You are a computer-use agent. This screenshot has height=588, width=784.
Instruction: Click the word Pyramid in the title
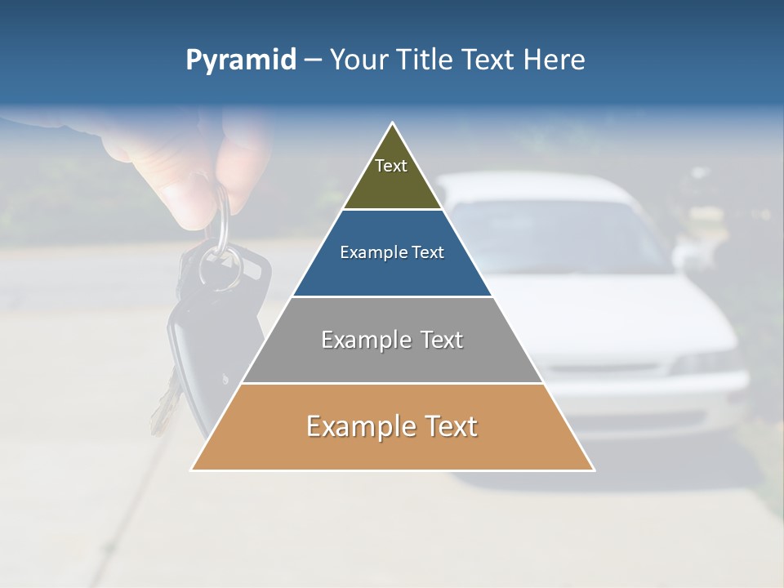[x=240, y=60]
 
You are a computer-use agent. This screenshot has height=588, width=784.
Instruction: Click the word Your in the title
[x=356, y=60]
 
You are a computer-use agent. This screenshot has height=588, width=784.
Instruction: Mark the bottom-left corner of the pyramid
[x=191, y=470]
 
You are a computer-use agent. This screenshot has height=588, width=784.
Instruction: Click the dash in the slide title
[x=313, y=60]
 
